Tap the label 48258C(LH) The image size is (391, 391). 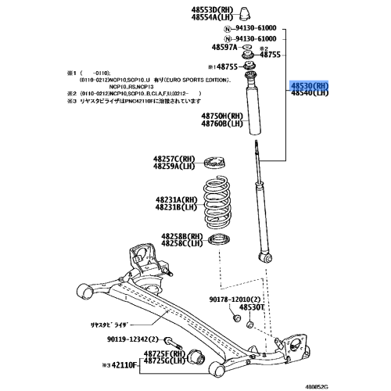coord(181,243)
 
